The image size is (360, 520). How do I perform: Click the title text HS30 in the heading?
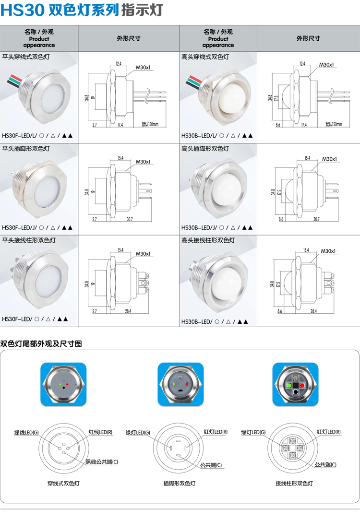tap(22, 10)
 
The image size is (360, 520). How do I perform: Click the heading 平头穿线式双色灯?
tap(26, 57)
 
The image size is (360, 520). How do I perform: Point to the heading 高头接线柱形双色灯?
tap(208, 240)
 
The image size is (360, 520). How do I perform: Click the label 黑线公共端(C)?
tap(102, 461)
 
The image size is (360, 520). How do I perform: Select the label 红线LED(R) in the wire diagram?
tap(100, 432)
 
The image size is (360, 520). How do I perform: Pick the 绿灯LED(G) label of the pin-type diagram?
tap(138, 432)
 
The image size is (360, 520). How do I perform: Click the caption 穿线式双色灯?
tap(63, 483)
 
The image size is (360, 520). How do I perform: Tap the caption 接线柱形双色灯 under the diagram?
tap(294, 483)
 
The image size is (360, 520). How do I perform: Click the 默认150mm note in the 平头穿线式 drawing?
tap(150, 124)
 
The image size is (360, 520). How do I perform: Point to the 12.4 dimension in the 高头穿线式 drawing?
tap(302, 63)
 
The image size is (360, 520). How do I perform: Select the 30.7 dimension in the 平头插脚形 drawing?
tap(130, 219)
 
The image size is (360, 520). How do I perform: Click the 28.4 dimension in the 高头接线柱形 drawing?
tap(313, 311)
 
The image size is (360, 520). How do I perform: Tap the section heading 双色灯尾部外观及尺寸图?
tap(41, 343)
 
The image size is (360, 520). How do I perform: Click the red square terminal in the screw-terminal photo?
tap(302, 385)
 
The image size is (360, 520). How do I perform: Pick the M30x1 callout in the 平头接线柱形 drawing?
tap(143, 254)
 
